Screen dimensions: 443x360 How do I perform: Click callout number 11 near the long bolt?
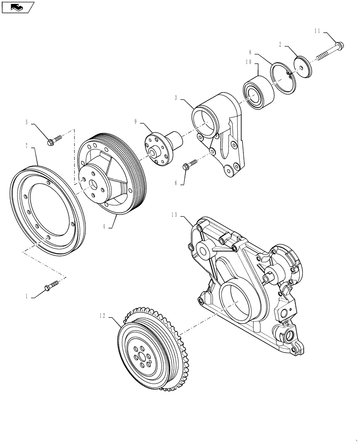click(x=317, y=31)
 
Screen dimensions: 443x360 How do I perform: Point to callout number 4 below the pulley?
click(x=104, y=225)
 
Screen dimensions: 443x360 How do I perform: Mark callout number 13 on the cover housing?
click(x=174, y=214)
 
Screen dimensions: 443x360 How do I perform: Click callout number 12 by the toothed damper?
click(x=102, y=315)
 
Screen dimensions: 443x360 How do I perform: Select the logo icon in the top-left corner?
click(x=17, y=7)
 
